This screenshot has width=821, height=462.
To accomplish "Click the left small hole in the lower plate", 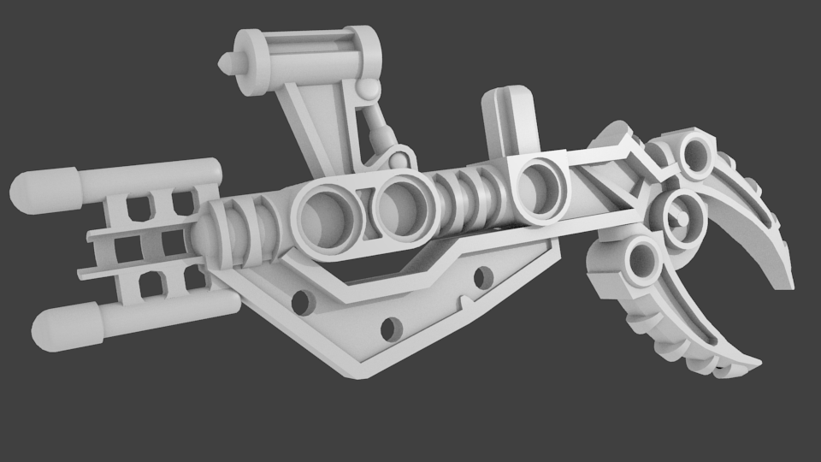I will click(x=300, y=301).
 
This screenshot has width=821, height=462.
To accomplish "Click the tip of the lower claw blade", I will click(x=756, y=364).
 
